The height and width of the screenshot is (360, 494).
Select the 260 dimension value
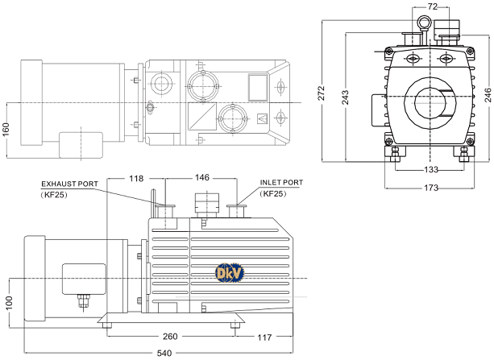170,337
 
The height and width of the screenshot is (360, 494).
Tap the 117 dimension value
265,337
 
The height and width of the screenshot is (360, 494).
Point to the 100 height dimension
9,302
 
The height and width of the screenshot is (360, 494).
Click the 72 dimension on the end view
432,6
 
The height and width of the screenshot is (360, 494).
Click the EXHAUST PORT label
69,184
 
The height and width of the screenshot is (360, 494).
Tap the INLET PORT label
281,183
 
